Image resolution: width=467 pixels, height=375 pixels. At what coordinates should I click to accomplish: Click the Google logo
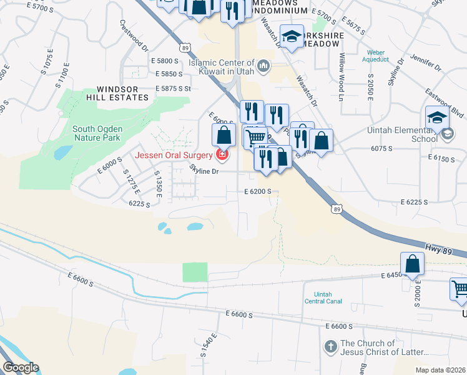[x=21, y=367]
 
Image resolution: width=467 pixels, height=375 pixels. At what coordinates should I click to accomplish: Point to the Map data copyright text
[x=441, y=370]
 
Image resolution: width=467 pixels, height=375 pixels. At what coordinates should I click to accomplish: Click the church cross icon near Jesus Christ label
[x=331, y=346]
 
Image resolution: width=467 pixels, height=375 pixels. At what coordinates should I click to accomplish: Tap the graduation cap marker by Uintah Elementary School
[x=437, y=116]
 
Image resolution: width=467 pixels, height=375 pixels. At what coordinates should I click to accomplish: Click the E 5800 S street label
[x=165, y=60]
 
